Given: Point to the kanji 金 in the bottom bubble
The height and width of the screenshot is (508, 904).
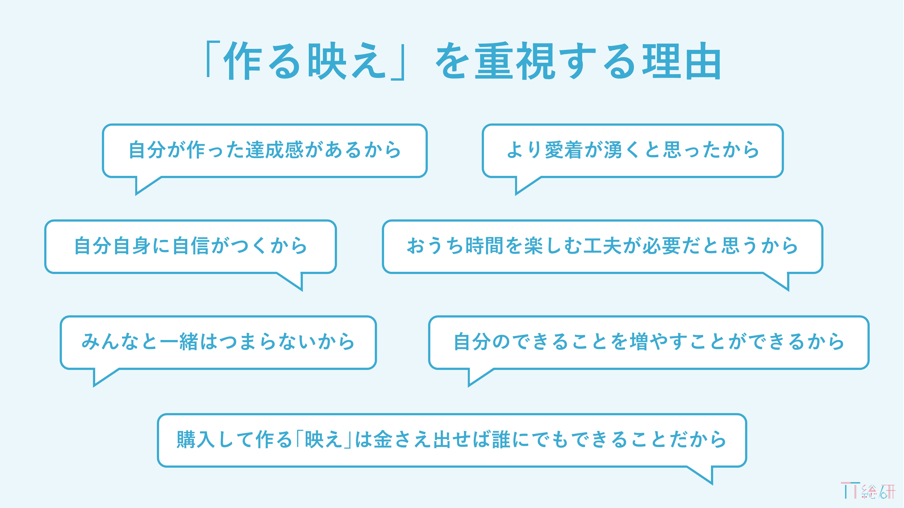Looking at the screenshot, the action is (383, 439).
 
